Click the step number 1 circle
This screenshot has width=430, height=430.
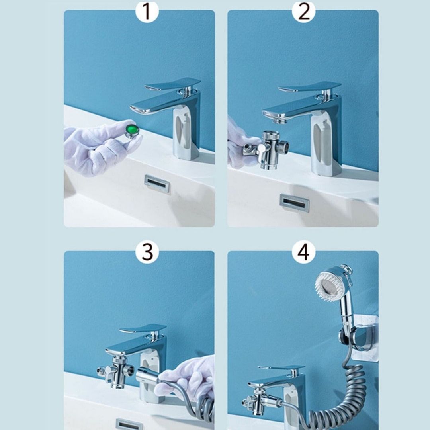[147, 12]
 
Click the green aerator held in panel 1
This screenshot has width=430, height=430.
[132, 130]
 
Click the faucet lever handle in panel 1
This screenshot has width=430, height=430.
[173, 84]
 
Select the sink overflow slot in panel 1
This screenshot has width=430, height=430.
[157, 184]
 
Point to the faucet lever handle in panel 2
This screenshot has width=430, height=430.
[311, 86]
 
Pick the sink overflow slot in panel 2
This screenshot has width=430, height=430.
[294, 203]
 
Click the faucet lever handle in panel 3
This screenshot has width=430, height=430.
[143, 329]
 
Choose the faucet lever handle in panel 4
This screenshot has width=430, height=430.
[281, 367]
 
